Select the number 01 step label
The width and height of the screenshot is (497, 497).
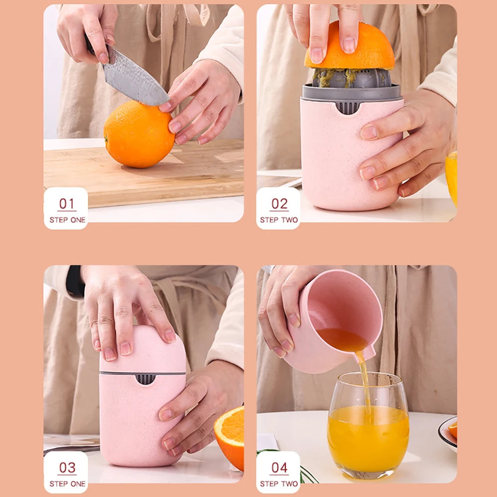67,204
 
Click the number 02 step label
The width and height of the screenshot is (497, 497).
279,204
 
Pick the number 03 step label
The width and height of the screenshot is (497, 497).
67,468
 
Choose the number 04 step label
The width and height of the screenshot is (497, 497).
279,468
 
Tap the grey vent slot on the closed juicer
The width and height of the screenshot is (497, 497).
145,379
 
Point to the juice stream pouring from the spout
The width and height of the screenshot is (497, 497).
365,383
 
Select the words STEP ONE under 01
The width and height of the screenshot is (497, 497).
67,220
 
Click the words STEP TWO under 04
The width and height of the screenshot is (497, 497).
279,484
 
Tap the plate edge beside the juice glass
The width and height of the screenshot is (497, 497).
446,435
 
